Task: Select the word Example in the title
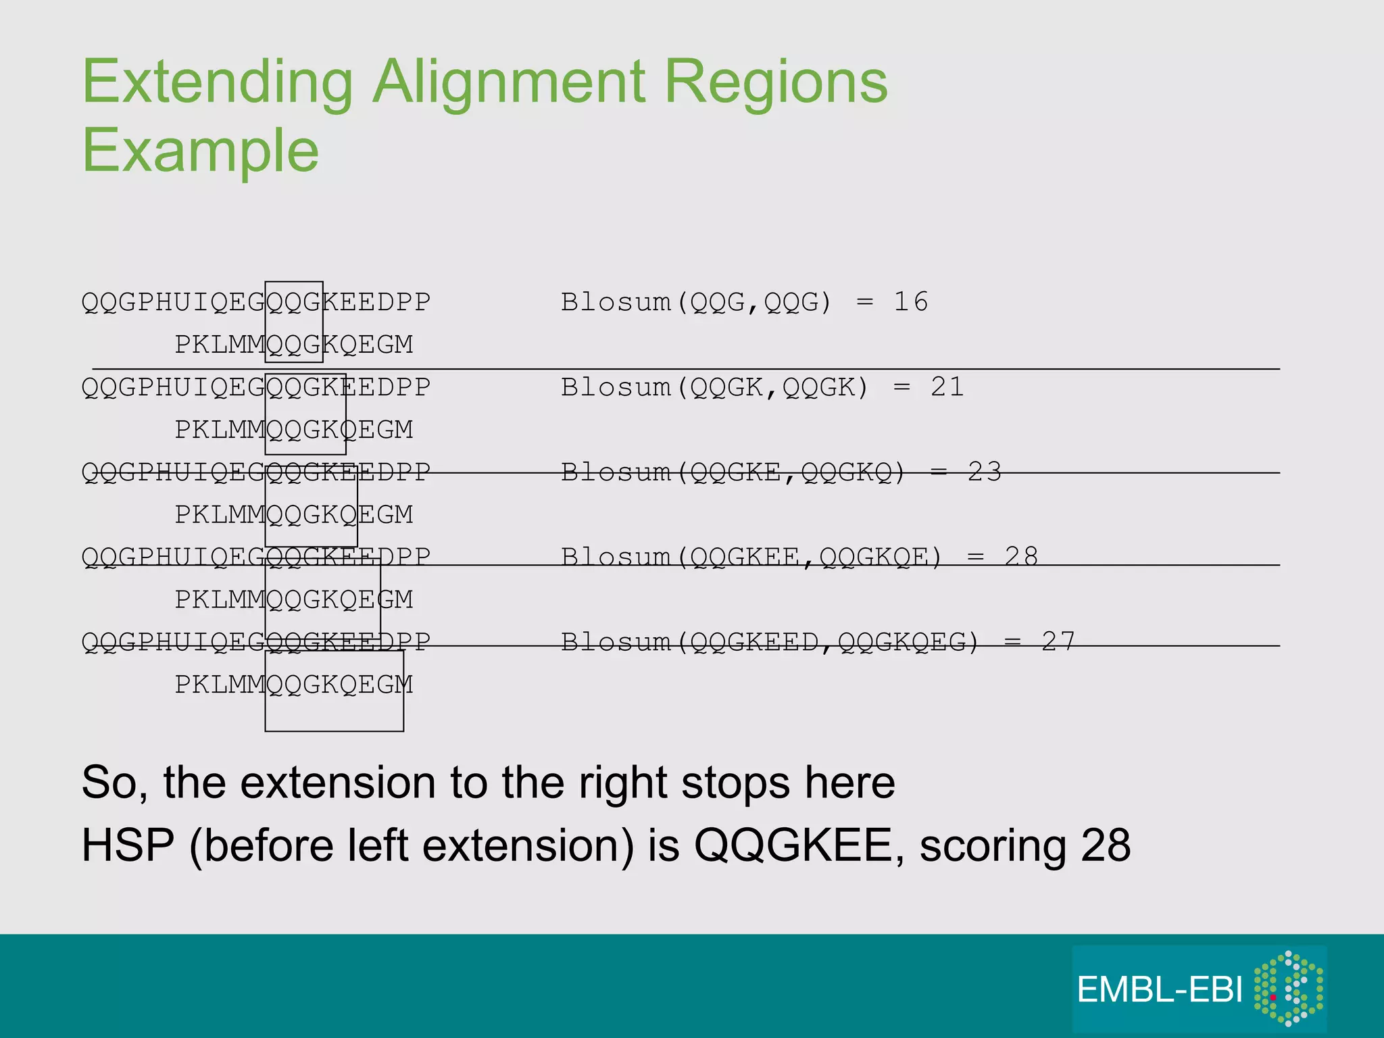point(200,151)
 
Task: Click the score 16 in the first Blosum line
point(910,302)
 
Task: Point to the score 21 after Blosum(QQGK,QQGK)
point(947,387)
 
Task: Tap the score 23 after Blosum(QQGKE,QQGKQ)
point(984,472)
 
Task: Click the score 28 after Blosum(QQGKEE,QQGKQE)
point(1020,557)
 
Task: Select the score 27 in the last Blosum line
point(1058,641)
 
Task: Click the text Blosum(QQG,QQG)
point(696,302)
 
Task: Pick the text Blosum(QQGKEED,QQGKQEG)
point(770,641)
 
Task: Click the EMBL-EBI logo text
point(1160,990)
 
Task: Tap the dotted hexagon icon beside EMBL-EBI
point(1288,989)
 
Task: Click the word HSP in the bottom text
point(128,845)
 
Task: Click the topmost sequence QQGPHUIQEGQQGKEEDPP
point(255,302)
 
